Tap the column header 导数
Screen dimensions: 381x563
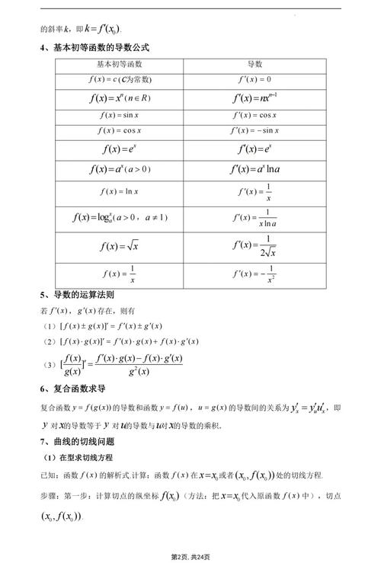(x=255, y=65)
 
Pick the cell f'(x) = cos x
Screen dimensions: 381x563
(x=255, y=115)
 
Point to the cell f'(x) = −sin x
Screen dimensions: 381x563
(x=255, y=130)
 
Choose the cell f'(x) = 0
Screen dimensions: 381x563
(x=255, y=80)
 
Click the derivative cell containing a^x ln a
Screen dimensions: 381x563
(x=255, y=169)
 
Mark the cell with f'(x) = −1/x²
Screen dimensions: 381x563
(x=255, y=273)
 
